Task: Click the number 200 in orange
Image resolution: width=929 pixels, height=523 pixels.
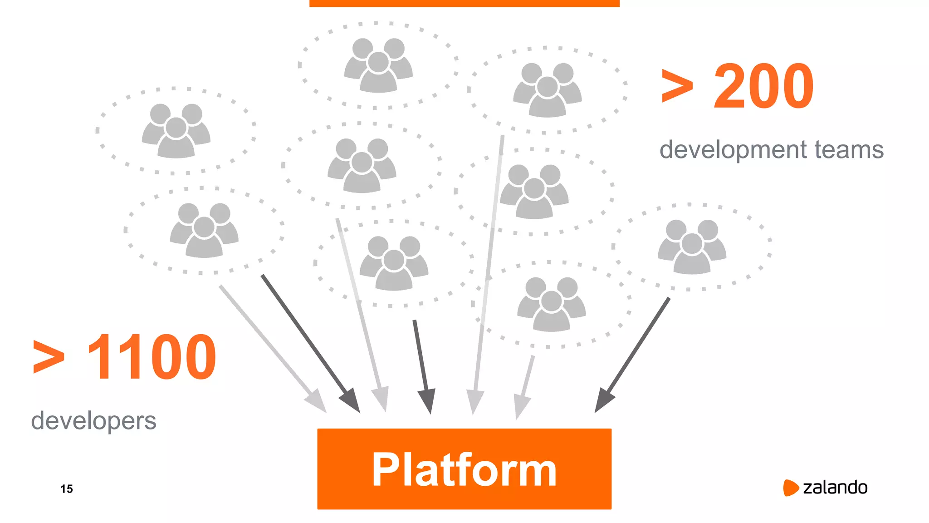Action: click(x=763, y=86)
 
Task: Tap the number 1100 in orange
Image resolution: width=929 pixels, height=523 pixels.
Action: click(x=152, y=357)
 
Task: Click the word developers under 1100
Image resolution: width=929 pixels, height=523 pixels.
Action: click(x=93, y=420)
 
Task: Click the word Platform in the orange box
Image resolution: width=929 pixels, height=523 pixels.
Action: click(x=464, y=470)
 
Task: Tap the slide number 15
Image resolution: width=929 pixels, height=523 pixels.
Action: click(x=67, y=489)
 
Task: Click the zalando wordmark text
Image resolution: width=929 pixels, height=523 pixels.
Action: click(x=835, y=488)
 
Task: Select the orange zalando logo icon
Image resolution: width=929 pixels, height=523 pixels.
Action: click(x=790, y=488)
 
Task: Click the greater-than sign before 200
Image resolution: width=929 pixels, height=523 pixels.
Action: click(x=678, y=86)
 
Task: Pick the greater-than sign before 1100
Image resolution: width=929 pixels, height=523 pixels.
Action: click(x=49, y=358)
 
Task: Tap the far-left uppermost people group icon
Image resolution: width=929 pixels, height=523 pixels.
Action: click(x=176, y=131)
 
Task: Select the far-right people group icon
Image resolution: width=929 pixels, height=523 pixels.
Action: click(x=692, y=247)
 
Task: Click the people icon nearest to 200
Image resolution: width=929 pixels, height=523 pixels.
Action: click(x=547, y=90)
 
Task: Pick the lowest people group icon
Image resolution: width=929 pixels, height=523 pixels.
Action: click(x=551, y=305)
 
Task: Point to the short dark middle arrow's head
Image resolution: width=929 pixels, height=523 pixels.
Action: click(x=427, y=402)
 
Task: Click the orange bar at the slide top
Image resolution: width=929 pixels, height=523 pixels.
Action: click(x=464, y=3)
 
